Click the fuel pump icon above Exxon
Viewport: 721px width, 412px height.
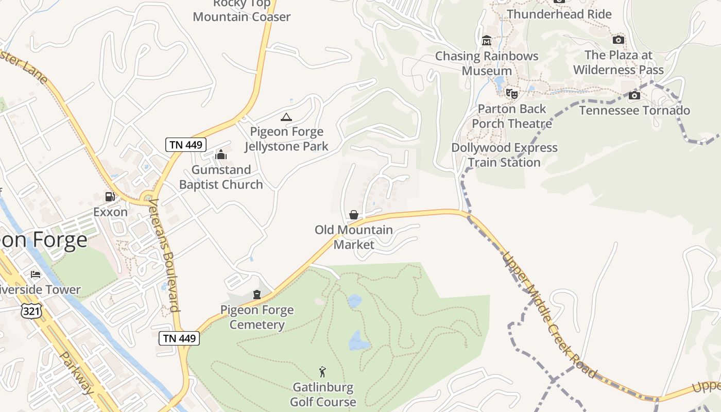tap(110, 196)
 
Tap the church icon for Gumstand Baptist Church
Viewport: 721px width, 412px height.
tap(221, 154)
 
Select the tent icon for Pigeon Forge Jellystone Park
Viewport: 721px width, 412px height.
tap(286, 117)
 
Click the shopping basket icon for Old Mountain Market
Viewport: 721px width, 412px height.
tap(354, 215)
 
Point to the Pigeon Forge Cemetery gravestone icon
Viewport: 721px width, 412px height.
tap(256, 295)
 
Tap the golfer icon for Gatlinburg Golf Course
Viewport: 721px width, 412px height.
tap(322, 372)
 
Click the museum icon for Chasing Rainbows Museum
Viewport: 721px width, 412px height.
tap(486, 41)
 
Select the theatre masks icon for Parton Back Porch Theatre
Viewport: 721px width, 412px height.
tap(511, 94)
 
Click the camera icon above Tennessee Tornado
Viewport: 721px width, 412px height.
tap(634, 96)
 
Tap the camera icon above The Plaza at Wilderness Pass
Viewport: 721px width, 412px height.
tap(618, 40)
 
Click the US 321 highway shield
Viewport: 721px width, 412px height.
tap(31, 311)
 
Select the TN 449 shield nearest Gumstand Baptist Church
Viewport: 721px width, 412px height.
tap(186, 145)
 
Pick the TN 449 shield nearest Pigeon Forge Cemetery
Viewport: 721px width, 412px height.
tap(179, 338)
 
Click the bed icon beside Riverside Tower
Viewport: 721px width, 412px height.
tap(35, 274)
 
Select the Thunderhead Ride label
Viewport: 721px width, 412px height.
tap(559, 14)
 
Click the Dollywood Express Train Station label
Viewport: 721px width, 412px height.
tap(504, 155)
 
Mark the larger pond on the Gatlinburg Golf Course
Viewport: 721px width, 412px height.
tap(359, 340)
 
